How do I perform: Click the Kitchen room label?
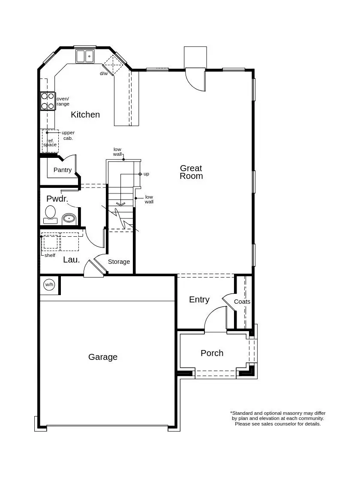(85, 115)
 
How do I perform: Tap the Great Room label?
(191, 172)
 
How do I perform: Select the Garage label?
(103, 357)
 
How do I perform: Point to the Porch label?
(212, 353)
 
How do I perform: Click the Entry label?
(199, 299)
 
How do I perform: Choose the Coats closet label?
(242, 302)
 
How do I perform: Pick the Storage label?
(119, 262)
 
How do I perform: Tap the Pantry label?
(63, 170)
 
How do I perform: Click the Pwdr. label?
(57, 199)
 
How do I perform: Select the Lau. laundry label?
(72, 260)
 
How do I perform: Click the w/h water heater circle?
(49, 285)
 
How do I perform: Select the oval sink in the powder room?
(69, 219)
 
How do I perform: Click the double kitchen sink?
(85, 56)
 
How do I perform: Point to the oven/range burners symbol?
(48, 101)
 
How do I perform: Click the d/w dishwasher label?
(104, 73)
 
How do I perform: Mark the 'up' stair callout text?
(146, 174)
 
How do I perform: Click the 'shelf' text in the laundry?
(50, 255)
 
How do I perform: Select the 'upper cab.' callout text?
(68, 135)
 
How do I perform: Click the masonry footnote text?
(278, 418)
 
